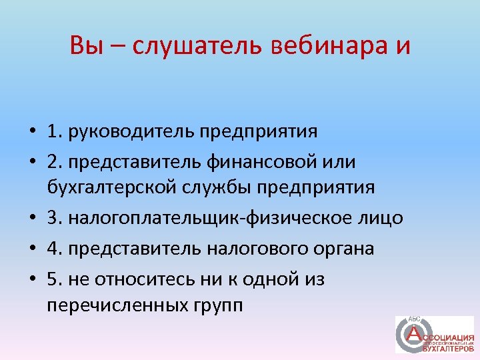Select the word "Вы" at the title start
point(85,46)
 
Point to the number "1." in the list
point(55,131)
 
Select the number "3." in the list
point(55,218)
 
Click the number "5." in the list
point(55,279)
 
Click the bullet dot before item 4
point(32,249)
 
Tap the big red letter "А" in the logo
point(414,333)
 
